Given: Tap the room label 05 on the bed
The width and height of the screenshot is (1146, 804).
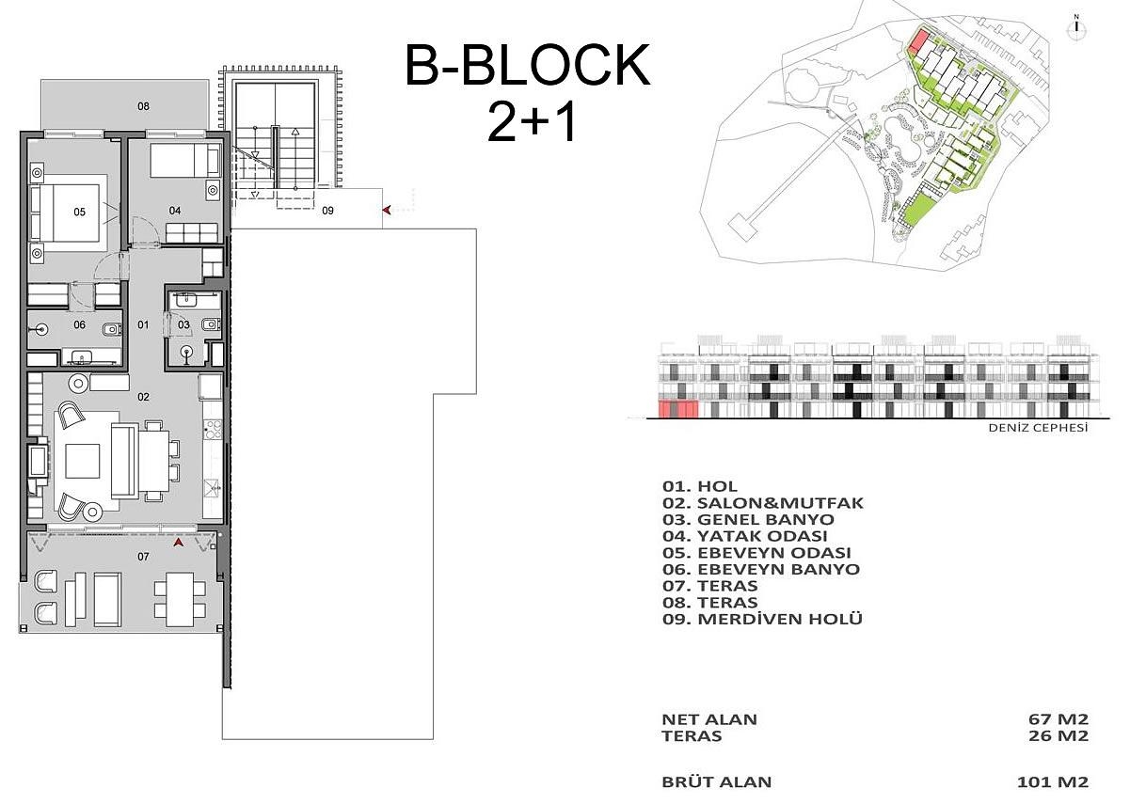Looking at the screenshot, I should coord(79,213).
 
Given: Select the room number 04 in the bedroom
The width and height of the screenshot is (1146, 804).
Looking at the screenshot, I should coord(175,210).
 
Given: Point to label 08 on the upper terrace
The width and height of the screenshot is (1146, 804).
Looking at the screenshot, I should coord(143,106).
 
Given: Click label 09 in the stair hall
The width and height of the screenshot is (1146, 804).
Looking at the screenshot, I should coord(327,211).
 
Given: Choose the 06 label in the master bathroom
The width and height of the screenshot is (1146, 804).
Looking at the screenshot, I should coord(79,325).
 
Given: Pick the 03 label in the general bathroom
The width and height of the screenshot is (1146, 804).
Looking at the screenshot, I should coord(183,325).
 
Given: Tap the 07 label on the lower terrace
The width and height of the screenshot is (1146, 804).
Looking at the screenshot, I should coord(143,557).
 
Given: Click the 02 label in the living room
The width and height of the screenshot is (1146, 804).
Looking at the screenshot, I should coord(143,397).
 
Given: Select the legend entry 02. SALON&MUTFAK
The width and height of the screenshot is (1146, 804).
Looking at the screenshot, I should coord(762,503).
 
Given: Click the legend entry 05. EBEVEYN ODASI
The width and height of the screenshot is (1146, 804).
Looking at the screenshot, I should coord(756,553).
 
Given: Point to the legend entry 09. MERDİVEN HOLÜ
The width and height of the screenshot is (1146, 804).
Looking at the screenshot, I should coord(762,619).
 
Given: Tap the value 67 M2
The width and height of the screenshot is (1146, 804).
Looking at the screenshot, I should coord(1058,719).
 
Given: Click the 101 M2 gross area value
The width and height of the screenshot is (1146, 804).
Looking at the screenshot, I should coord(1053,781).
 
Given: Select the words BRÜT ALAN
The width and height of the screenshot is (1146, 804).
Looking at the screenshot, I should coord(717,781).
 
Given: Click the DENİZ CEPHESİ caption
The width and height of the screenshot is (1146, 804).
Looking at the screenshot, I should coord(1038,428).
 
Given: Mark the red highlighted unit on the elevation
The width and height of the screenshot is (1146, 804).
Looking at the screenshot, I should coord(677,409).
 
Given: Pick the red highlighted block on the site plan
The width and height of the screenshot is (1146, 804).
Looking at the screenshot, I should coord(919,41).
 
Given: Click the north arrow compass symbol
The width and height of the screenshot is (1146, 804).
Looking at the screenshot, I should coord(1074,25).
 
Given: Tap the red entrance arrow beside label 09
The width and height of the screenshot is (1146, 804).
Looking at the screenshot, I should coord(386,211).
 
